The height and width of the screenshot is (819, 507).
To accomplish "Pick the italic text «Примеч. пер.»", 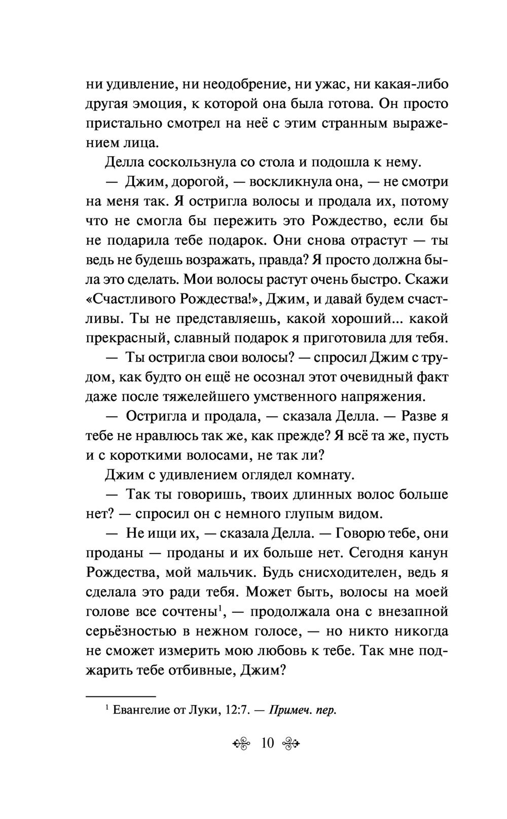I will coord(303,710).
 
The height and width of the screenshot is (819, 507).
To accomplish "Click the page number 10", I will coord(267,743).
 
